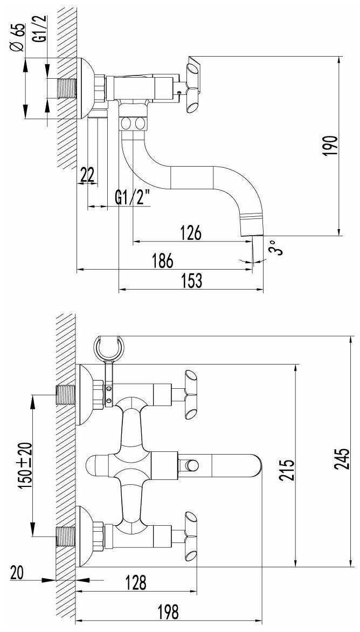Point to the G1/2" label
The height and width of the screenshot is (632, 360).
pyautogui.click(x=131, y=198)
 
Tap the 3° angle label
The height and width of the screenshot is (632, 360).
pyautogui.click(x=275, y=247)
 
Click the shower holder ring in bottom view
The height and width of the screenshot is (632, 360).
pyautogui.click(x=109, y=347)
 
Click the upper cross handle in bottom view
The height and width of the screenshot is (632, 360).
pyautogui.click(x=190, y=395)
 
